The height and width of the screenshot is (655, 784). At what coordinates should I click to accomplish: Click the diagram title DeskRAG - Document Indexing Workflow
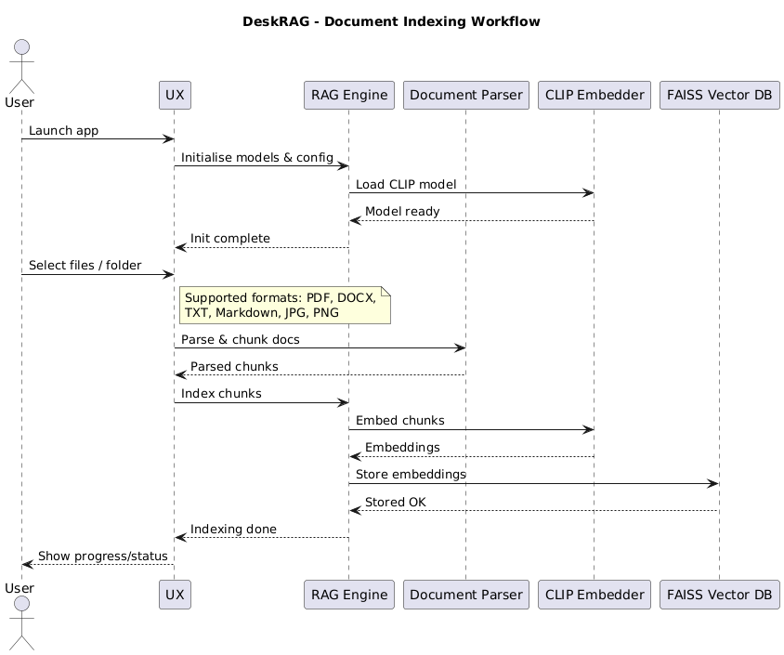pyautogui.click(x=391, y=21)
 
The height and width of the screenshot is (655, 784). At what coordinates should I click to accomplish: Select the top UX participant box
pyautogui.click(x=175, y=95)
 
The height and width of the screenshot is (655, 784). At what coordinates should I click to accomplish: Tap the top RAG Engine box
pyautogui.click(x=349, y=95)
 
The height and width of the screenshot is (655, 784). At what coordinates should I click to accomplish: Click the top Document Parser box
pyautogui.click(x=466, y=95)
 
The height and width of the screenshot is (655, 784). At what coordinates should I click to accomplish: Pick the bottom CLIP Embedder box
pyautogui.click(x=595, y=595)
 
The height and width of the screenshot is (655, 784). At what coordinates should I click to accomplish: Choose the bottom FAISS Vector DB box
pyautogui.click(x=720, y=595)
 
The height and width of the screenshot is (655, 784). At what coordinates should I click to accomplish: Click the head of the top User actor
pyautogui.click(x=22, y=47)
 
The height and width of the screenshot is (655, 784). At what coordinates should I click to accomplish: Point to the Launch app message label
pyautogui.click(x=63, y=130)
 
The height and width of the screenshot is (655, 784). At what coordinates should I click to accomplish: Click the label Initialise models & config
pyautogui.click(x=257, y=158)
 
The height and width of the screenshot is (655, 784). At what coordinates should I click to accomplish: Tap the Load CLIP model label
pyautogui.click(x=406, y=185)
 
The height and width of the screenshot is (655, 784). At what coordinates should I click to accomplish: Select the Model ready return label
pyautogui.click(x=402, y=212)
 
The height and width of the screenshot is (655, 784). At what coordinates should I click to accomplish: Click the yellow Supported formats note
pyautogui.click(x=285, y=305)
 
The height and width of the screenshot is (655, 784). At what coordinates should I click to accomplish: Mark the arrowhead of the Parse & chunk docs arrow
pyautogui.click(x=460, y=348)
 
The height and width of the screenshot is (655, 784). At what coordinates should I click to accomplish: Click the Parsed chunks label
pyautogui.click(x=234, y=366)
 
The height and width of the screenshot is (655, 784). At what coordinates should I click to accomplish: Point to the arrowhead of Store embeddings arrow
pyautogui.click(x=713, y=483)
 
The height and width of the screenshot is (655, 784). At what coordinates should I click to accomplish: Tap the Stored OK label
pyautogui.click(x=396, y=502)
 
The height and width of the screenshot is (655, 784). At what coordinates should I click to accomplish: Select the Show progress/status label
pyautogui.click(x=103, y=556)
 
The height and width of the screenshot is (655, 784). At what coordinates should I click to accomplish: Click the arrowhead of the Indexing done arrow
pyautogui.click(x=180, y=538)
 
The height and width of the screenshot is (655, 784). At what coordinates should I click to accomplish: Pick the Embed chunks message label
pyautogui.click(x=400, y=421)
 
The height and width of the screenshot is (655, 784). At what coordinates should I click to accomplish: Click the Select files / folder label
pyautogui.click(x=85, y=266)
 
